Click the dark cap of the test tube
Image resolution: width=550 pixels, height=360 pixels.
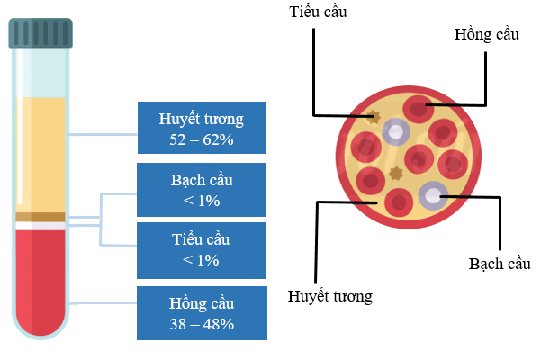41,33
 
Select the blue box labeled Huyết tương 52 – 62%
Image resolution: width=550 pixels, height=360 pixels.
202,129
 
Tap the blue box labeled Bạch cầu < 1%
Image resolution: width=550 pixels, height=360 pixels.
202,190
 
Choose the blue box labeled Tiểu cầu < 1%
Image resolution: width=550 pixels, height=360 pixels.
202,250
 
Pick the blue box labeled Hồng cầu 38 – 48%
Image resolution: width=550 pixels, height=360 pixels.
202,313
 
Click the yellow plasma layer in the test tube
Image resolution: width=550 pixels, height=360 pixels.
41,153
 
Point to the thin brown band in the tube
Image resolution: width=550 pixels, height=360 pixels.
41,217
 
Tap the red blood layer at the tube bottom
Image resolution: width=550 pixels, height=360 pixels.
41,279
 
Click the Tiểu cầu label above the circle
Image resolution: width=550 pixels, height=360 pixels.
318,12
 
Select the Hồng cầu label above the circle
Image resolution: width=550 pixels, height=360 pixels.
487,33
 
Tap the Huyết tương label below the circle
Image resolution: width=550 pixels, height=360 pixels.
329,294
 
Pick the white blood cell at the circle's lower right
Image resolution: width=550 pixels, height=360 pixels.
433,195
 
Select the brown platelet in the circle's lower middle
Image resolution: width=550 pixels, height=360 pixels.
393,173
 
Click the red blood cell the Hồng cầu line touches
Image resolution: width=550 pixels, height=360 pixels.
417,109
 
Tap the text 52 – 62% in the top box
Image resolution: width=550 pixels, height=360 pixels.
202,139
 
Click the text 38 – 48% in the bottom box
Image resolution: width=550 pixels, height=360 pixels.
202,323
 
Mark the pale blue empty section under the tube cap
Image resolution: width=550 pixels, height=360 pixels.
41,72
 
